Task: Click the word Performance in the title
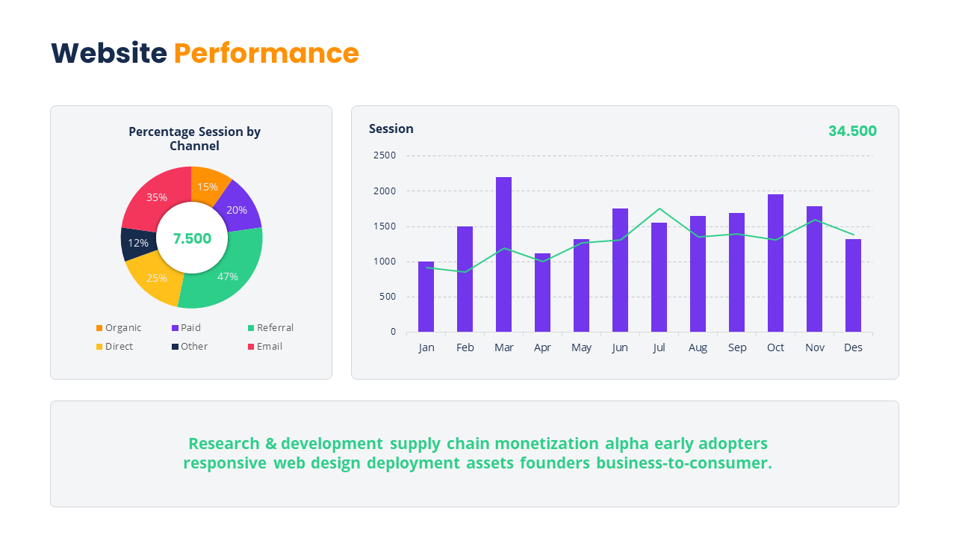coord(266,53)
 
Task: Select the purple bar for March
coord(503,254)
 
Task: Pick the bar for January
coord(426,297)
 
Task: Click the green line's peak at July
coord(659,208)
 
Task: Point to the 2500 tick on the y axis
coord(385,155)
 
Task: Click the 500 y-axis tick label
coord(388,297)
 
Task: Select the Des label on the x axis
coord(853,347)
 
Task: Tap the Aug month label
coord(698,347)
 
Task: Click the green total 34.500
coord(852,131)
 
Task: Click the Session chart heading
coord(391,129)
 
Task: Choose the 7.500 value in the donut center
coord(192,238)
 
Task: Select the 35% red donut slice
coord(158,198)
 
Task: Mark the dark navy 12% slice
coord(137,243)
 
